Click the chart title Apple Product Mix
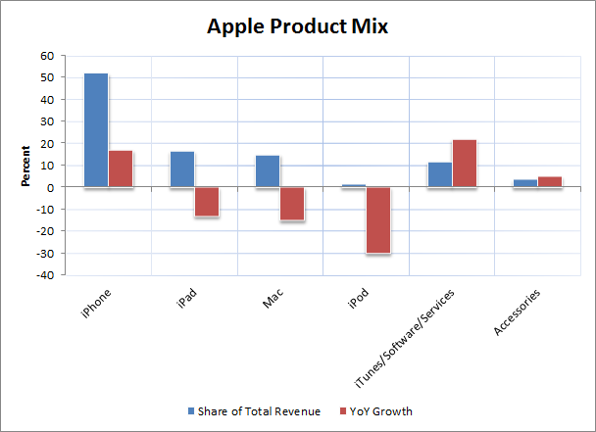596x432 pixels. point(298,26)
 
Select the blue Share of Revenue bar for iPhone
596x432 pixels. point(96,129)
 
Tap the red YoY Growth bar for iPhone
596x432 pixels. point(121,168)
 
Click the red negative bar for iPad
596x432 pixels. point(206,201)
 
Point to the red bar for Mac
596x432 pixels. point(292,203)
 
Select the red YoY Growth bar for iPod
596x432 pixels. point(378,219)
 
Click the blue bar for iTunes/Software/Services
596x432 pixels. point(440,174)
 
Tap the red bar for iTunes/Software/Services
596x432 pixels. point(465,163)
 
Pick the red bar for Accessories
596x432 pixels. point(550,181)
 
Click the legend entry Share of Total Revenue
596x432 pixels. point(254,411)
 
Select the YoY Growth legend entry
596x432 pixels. point(375,411)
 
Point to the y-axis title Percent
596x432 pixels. point(25,167)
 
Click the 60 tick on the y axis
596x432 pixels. point(46,55)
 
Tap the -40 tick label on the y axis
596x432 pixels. point(44,275)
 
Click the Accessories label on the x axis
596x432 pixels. point(518,312)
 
